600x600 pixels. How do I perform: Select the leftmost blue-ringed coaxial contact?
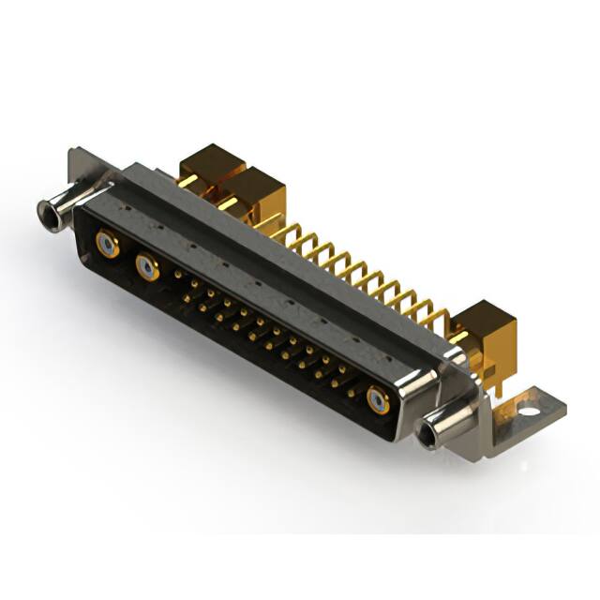[109, 246]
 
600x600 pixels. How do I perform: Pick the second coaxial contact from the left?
[147, 269]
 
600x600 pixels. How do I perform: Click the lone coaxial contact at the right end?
[378, 401]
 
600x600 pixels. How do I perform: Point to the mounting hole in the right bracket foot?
[529, 410]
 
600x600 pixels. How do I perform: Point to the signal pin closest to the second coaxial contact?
[178, 276]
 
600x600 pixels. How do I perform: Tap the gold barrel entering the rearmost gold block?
[188, 179]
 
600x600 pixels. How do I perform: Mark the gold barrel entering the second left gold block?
[229, 203]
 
